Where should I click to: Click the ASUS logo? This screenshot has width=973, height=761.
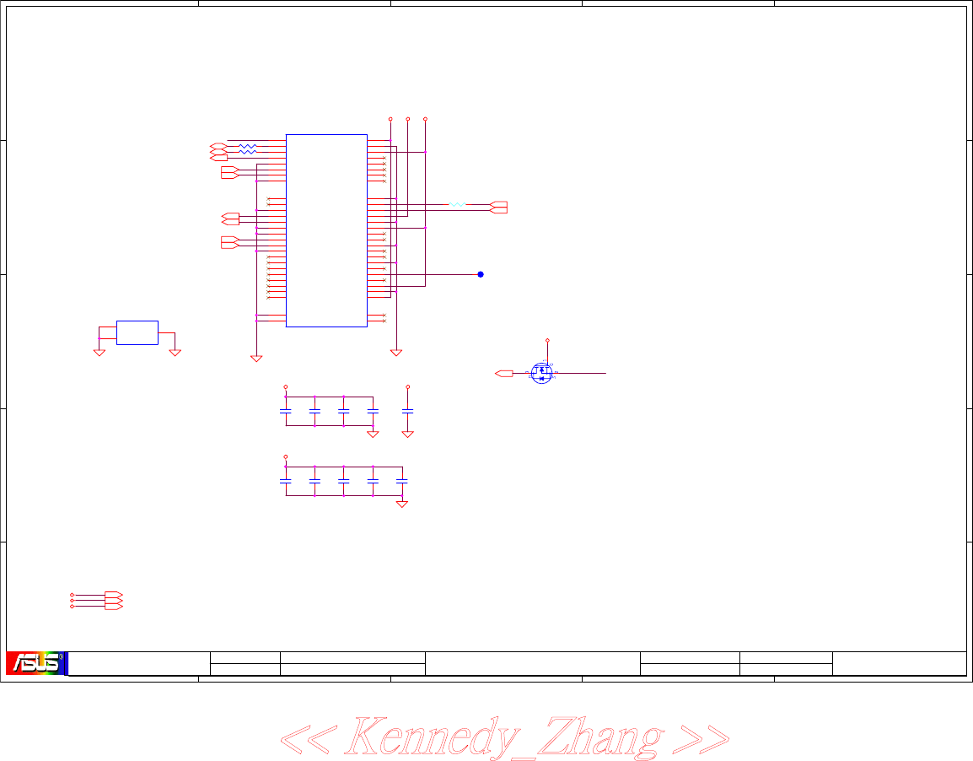click(x=35, y=663)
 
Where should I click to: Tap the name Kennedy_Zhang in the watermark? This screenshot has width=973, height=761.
click(x=503, y=737)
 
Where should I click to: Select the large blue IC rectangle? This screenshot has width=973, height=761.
click(x=326, y=229)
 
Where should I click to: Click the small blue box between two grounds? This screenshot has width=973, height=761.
click(x=137, y=332)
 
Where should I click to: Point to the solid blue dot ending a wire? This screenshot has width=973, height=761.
click(x=481, y=274)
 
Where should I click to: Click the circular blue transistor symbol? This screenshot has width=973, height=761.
click(x=541, y=372)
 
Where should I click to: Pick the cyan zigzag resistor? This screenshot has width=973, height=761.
click(x=456, y=204)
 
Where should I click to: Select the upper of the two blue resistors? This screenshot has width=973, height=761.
click(x=247, y=146)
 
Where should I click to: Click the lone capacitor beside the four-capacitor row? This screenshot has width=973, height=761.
click(x=408, y=410)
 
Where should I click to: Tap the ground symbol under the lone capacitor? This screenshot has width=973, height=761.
click(x=408, y=434)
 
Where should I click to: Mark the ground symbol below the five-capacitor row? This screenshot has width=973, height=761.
click(x=402, y=504)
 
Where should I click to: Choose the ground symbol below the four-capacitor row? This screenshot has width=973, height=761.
click(x=373, y=434)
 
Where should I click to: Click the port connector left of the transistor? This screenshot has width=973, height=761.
click(x=504, y=372)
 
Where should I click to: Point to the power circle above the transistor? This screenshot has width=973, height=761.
click(x=548, y=340)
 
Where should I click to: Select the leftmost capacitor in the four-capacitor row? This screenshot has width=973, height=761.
click(x=285, y=410)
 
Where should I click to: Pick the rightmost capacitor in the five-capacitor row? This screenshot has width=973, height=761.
click(x=402, y=480)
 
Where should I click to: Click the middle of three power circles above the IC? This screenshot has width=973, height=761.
click(x=408, y=119)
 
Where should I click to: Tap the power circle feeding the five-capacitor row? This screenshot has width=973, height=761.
click(x=285, y=456)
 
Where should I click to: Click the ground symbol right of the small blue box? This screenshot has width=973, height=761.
click(x=175, y=351)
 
